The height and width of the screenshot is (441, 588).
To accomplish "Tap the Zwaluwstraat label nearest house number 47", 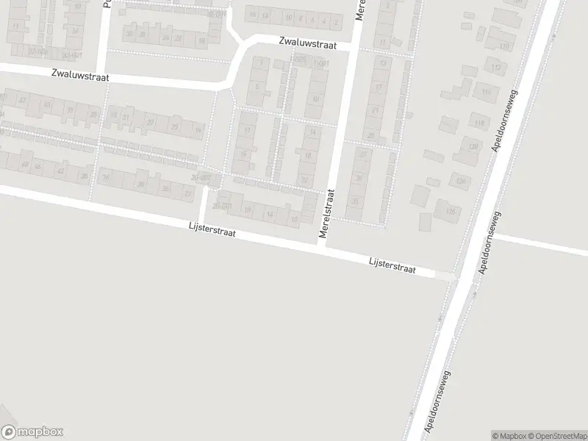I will click(81, 74).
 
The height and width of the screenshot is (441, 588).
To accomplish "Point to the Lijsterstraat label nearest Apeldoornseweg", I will click(392, 265).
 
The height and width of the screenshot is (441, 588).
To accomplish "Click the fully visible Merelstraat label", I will click(328, 214).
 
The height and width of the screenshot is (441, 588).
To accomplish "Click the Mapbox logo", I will click(32, 431).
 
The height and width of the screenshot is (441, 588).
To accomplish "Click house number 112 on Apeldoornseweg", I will click(497, 68).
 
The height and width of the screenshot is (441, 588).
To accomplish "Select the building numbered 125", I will click(449, 212).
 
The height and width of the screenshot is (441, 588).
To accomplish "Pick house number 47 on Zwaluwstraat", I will click(23, 100).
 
